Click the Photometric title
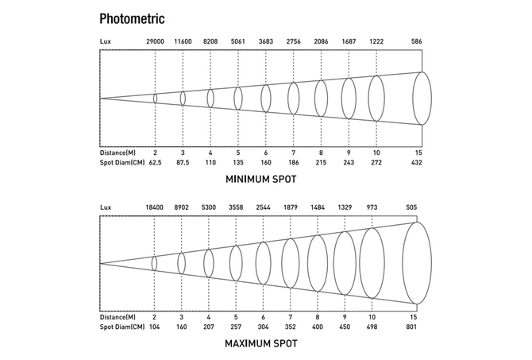click(x=133, y=17)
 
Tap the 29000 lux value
click(x=155, y=41)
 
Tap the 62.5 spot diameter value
click(x=155, y=162)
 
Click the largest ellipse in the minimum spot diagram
click(x=423, y=99)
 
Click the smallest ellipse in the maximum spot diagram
click(x=154, y=263)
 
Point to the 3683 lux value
click(x=265, y=41)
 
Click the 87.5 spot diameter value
click(x=183, y=162)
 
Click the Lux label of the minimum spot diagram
click(x=106, y=41)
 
